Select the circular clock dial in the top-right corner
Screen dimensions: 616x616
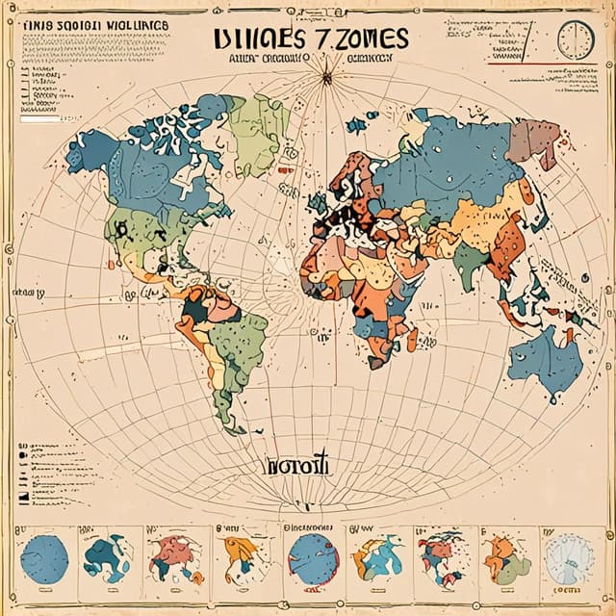(576, 40)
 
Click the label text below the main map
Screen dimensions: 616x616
(296, 466)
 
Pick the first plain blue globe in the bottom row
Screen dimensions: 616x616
(44, 559)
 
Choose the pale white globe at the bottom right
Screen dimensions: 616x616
(567, 559)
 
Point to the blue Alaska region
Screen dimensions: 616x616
(92, 149)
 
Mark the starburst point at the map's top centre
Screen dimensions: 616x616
(326, 76)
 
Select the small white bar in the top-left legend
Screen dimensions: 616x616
(38, 121)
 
